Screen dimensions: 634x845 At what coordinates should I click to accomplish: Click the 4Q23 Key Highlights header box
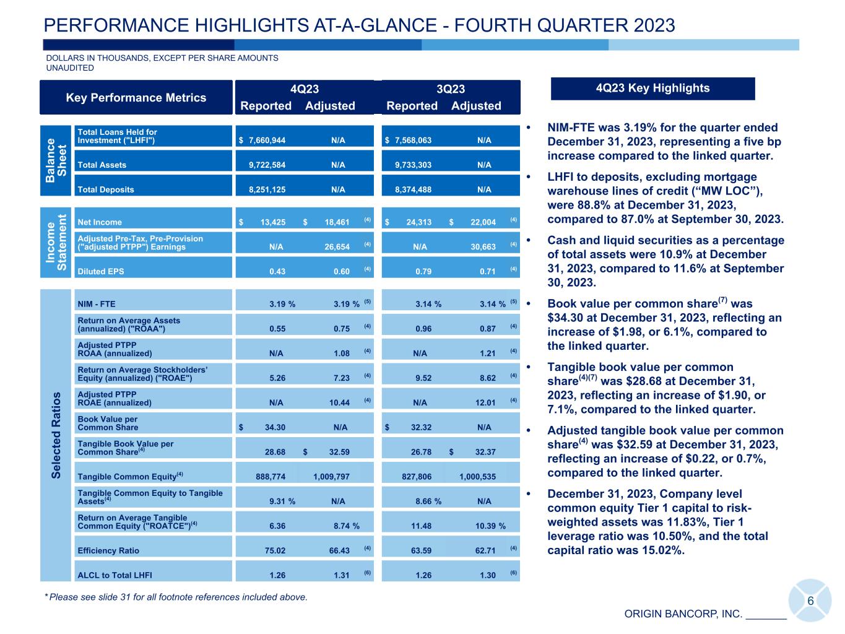coord(652,88)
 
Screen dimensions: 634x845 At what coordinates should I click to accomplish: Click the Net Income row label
coord(100,222)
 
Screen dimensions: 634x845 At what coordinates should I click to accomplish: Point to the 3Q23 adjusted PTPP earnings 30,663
coord(483,246)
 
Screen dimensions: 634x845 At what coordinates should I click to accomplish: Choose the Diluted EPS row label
coord(100,271)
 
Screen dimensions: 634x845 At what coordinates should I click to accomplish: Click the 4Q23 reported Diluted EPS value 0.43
coord(277,271)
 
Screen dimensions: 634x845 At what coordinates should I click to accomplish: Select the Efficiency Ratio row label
coord(108,550)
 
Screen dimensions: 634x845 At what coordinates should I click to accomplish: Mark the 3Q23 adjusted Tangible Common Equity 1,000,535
coord(477,477)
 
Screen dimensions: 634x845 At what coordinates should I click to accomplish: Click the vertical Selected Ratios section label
coord(56,435)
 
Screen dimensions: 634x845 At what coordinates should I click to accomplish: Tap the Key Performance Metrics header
coord(136,97)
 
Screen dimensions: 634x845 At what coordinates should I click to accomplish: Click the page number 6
coord(810,601)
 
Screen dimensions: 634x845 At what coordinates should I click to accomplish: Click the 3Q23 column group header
coord(451,89)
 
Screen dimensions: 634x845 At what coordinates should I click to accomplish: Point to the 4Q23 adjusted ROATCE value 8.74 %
coord(346,526)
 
